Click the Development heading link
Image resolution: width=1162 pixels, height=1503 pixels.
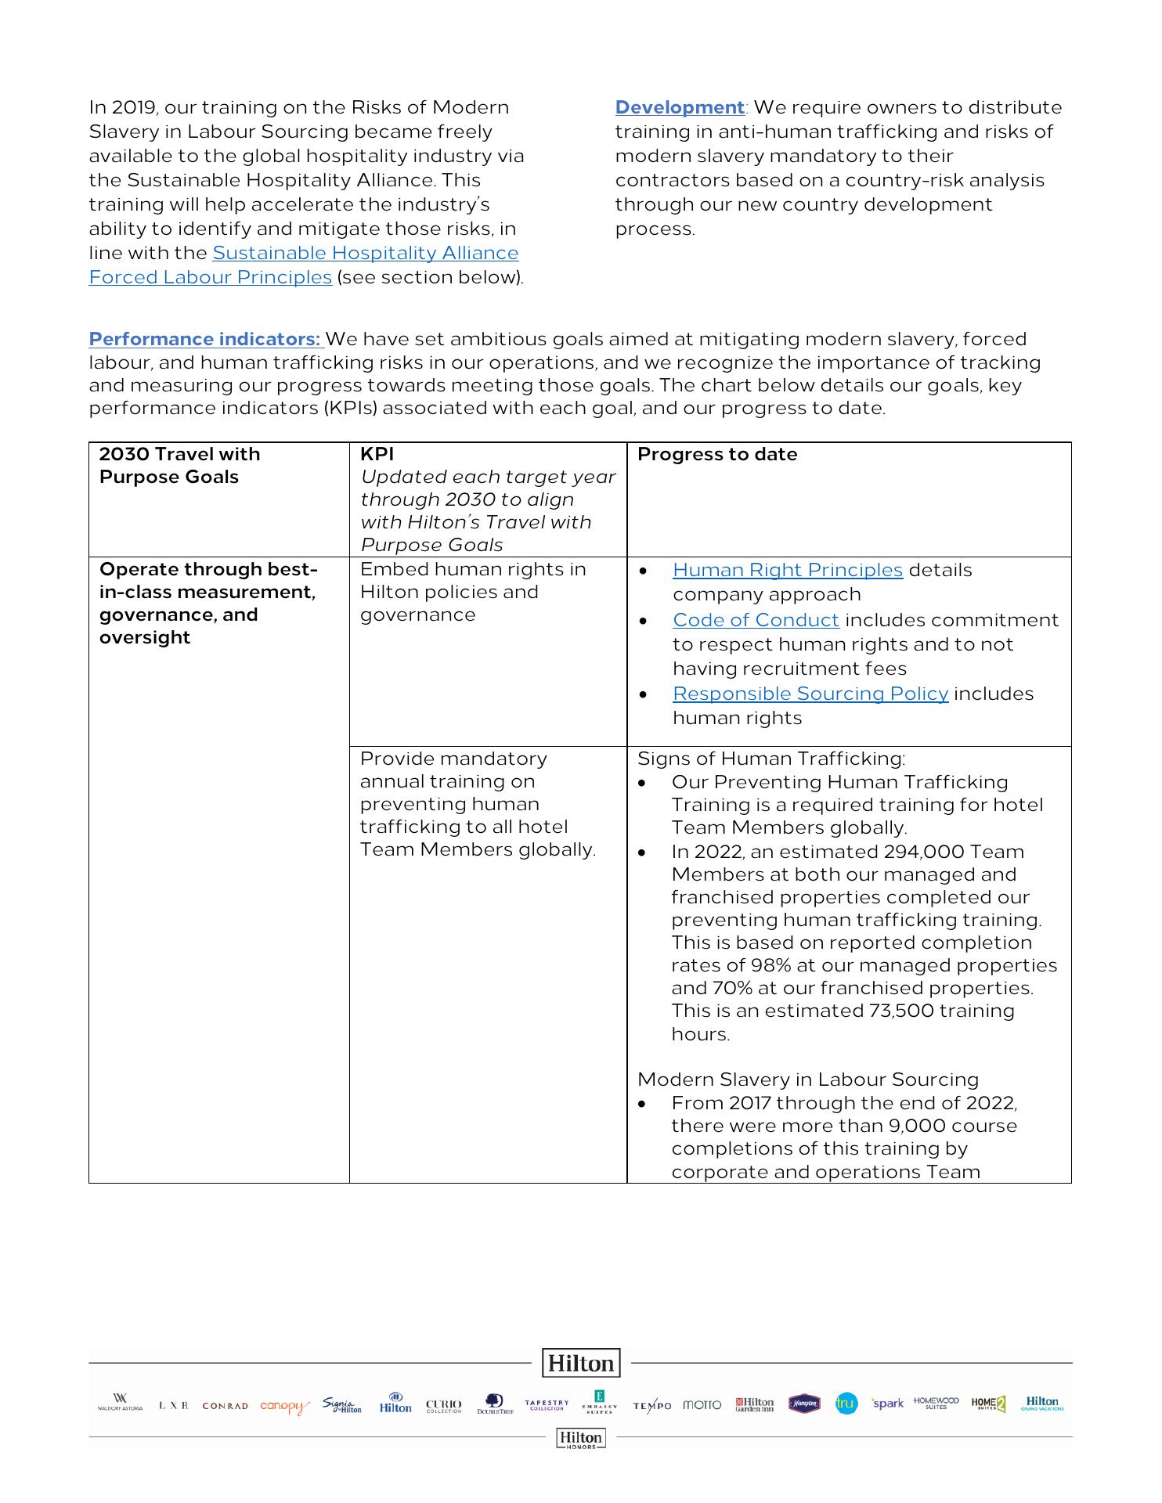(x=679, y=107)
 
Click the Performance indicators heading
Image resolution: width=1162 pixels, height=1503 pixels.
(x=204, y=339)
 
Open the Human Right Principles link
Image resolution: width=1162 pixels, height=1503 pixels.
(x=787, y=570)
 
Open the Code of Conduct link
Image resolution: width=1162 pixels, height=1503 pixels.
(x=756, y=620)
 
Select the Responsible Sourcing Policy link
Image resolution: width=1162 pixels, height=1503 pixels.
(x=810, y=694)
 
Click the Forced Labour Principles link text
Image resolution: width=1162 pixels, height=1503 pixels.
(x=210, y=277)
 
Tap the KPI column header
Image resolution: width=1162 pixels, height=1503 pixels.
(x=377, y=454)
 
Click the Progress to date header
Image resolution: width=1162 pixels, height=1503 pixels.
(x=716, y=454)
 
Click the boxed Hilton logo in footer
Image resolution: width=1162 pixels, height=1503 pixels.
(x=581, y=1363)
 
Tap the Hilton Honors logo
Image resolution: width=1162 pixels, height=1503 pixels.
(x=581, y=1438)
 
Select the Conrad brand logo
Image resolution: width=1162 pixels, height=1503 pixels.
(x=225, y=1405)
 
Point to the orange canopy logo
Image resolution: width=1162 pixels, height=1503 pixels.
(x=283, y=1406)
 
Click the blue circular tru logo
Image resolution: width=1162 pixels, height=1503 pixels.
(x=846, y=1404)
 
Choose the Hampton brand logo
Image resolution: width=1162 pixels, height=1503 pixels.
(x=804, y=1404)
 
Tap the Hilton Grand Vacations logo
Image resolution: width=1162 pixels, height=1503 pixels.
(x=1042, y=1403)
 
